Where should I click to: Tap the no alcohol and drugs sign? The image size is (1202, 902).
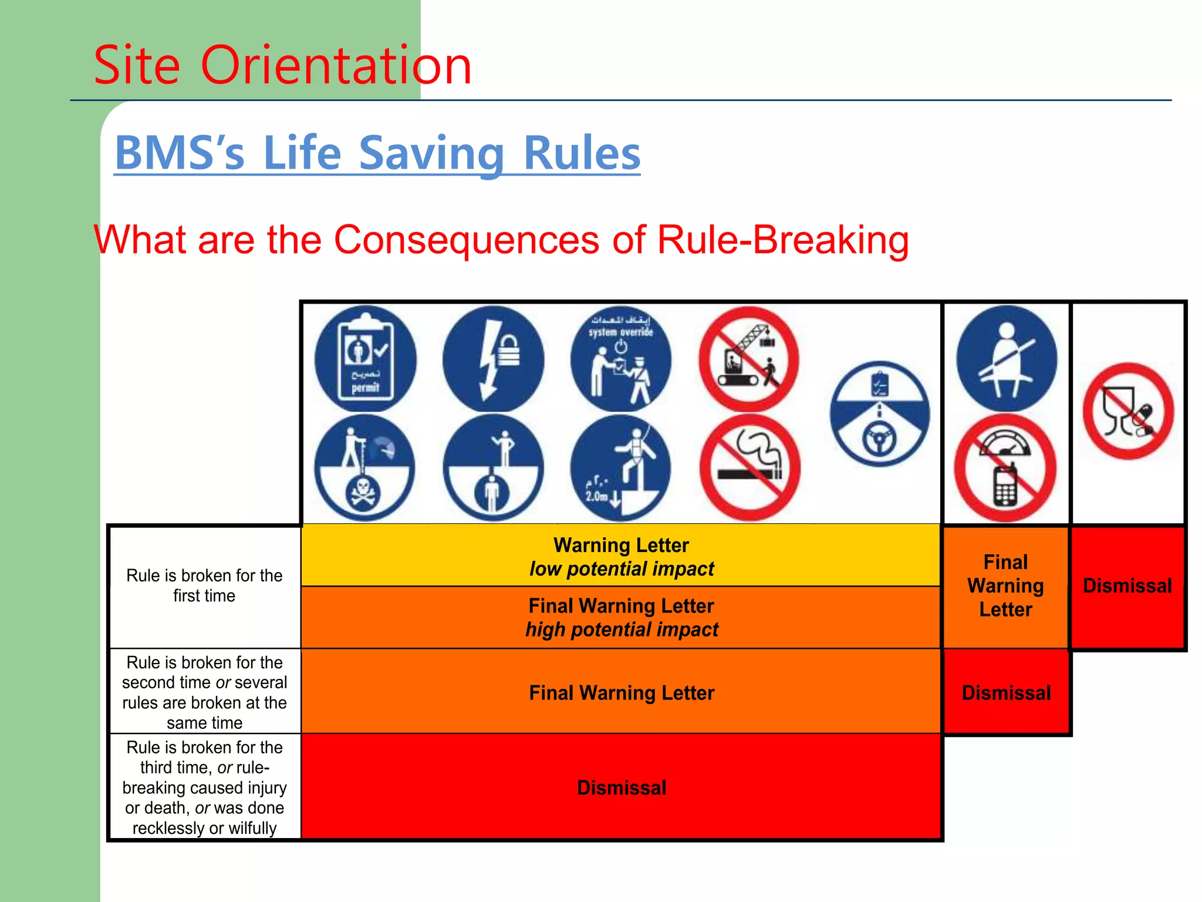(x=1127, y=411)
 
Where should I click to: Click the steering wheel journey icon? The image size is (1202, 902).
(x=879, y=413)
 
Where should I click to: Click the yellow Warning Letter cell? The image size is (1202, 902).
(x=621, y=556)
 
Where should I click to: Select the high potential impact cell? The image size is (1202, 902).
(x=621, y=618)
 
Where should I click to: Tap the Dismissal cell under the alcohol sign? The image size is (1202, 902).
(x=1127, y=586)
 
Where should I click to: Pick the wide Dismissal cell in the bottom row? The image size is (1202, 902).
(x=621, y=787)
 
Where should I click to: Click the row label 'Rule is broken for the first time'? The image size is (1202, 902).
(x=204, y=585)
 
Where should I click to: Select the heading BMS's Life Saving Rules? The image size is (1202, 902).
(x=377, y=153)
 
